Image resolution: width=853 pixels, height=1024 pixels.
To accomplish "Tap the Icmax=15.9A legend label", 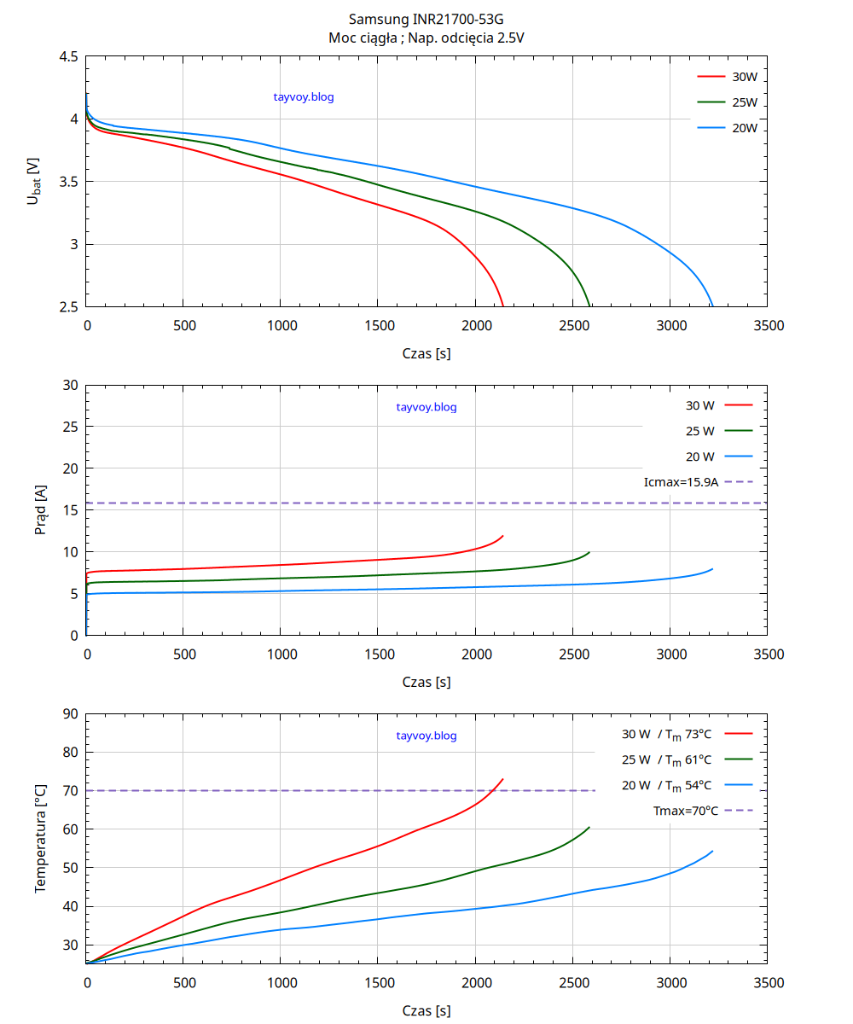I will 682,482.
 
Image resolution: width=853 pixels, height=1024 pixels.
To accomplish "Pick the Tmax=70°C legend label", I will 685,811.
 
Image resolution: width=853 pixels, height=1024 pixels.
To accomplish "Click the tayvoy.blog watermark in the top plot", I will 304,97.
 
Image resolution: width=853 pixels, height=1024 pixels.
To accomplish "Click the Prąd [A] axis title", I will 40,510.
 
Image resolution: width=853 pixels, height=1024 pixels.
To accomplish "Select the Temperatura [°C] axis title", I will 40,839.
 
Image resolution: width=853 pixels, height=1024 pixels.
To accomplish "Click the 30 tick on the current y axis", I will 71,386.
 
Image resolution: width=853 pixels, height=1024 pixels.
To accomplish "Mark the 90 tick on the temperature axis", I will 71,714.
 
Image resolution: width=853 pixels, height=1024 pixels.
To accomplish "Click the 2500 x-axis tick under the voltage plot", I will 573,325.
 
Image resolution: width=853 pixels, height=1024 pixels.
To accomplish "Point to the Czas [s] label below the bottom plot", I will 426,1011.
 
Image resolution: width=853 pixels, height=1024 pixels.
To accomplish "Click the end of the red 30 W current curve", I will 503,536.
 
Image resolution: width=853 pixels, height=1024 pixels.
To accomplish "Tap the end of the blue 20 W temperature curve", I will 712,851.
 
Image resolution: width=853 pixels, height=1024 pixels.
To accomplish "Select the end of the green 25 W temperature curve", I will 589,827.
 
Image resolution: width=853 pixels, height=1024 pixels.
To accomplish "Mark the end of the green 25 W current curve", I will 589,552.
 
